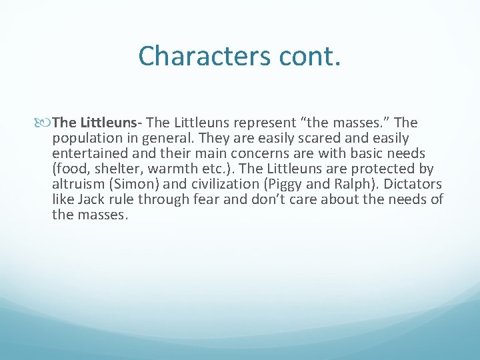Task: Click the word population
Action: click(85, 138)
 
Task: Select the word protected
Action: click(387, 169)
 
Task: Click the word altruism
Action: click(77, 184)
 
